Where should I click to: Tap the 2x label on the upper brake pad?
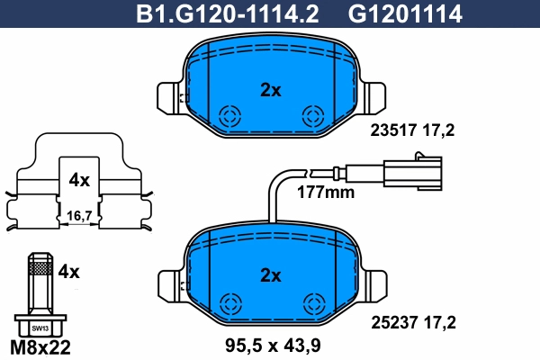tap(270, 89)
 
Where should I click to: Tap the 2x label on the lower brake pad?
tap(270, 274)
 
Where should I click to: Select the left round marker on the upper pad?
tap(229, 116)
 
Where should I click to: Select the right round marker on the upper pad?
tap(313, 115)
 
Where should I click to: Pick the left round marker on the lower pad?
tap(229, 302)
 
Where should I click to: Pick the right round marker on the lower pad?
tap(313, 302)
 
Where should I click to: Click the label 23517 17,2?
tap(413, 130)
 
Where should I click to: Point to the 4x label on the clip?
tap(79, 180)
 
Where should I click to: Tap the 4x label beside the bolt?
tap(68, 270)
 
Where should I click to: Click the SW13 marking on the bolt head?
tap(38, 328)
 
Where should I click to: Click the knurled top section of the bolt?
tap(37, 264)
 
